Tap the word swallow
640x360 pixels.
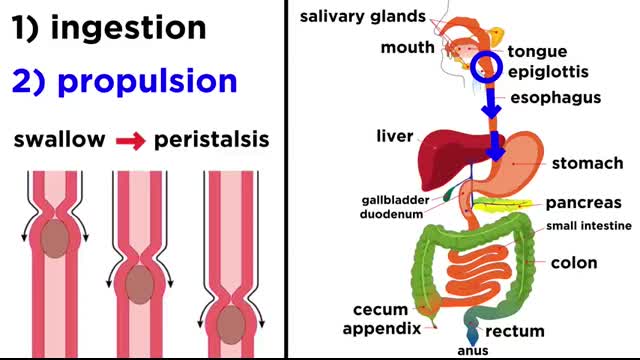59,139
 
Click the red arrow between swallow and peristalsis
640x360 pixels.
129,140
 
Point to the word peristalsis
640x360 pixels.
211,139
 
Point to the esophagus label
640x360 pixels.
555,98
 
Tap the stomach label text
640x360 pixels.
588,163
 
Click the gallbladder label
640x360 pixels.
395,199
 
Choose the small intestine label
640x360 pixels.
588,226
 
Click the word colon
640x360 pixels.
574,263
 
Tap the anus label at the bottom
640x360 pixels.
471,351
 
